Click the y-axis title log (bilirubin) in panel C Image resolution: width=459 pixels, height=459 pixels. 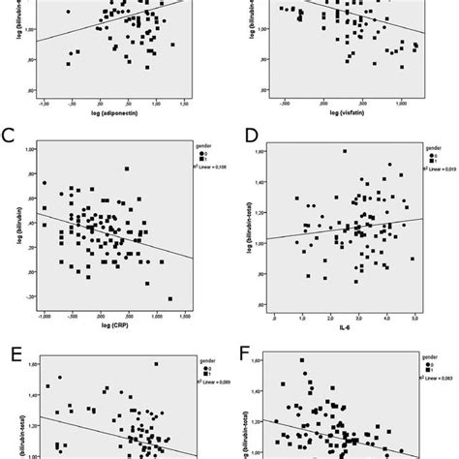(x=11, y=233)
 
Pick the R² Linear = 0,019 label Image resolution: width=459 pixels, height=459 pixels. (x=438, y=168)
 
